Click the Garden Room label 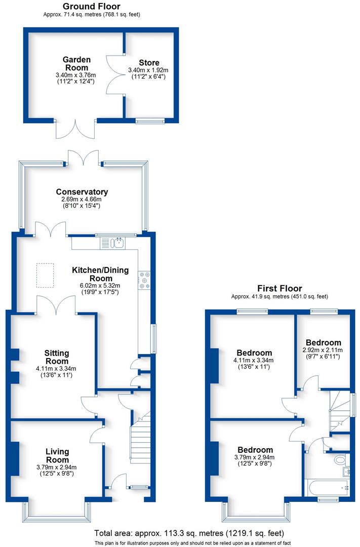point(75,63)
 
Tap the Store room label point(149,63)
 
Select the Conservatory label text point(82,192)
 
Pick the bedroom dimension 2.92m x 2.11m point(323,350)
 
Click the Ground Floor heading point(91,6)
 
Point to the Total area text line point(189,533)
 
